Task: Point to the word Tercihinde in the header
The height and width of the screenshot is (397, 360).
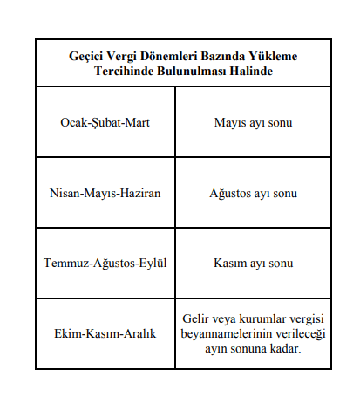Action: click(122, 71)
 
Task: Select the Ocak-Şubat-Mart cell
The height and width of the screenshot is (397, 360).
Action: click(106, 122)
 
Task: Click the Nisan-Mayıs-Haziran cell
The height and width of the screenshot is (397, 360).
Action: click(106, 192)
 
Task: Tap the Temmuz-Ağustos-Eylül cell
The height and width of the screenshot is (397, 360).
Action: click(106, 262)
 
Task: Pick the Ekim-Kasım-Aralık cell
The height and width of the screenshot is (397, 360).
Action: click(106, 334)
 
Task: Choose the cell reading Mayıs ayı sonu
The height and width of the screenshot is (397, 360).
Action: click(252, 122)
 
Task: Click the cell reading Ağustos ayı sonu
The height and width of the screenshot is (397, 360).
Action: click(252, 192)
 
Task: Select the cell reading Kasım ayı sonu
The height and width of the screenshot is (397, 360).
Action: click(252, 262)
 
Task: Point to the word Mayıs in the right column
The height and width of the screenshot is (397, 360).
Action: click(230, 122)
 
